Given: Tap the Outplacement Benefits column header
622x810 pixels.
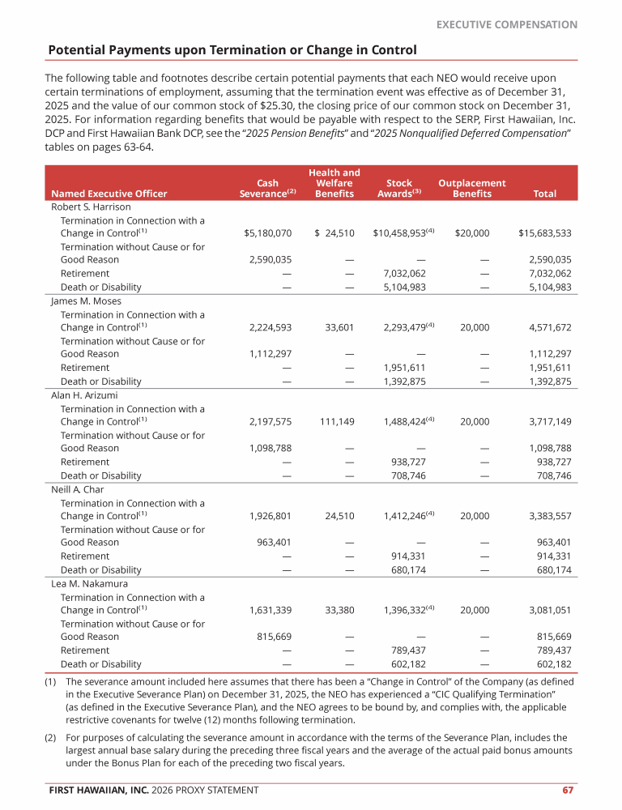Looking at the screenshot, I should [472, 189].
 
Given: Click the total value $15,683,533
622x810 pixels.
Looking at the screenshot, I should [545, 233].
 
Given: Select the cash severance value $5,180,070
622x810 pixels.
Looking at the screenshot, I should [267, 233].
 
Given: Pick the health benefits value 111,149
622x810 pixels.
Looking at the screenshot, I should [334, 421].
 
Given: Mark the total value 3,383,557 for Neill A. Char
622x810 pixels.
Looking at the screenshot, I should [550, 515].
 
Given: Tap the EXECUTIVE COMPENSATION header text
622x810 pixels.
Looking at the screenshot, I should [507, 25].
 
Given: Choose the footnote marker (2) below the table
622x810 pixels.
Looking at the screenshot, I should [50, 738].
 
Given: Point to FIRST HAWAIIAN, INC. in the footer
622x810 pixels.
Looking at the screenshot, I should [97, 790].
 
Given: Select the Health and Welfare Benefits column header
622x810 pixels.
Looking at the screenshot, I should [334, 183].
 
